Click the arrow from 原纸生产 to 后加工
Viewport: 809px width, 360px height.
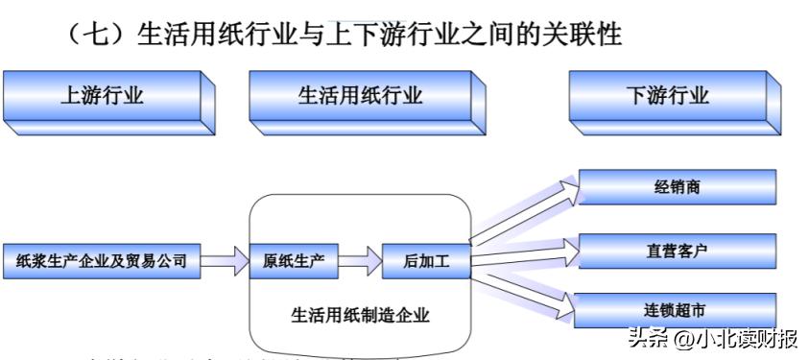pos(357,260)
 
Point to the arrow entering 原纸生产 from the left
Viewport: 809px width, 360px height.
pos(226,260)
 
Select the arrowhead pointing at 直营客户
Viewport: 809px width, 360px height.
pos(570,252)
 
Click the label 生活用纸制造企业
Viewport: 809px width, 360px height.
pos(361,314)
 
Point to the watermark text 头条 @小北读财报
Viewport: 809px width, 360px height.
pos(712,338)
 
